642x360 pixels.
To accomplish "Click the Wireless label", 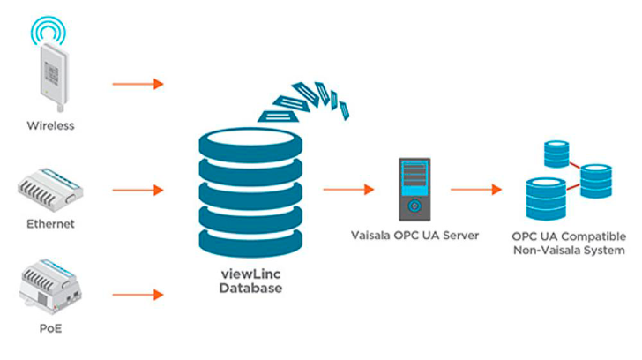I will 49,125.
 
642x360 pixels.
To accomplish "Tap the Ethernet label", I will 49,224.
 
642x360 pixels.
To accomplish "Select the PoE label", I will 49,330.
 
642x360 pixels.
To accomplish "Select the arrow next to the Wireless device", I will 138,84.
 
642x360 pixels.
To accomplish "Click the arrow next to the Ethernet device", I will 138,190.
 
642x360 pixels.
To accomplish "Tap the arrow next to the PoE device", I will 138,294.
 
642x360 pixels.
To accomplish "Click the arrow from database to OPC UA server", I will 348,189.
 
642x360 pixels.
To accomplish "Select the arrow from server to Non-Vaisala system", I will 476,189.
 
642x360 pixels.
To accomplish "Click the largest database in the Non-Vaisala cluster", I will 544,199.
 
